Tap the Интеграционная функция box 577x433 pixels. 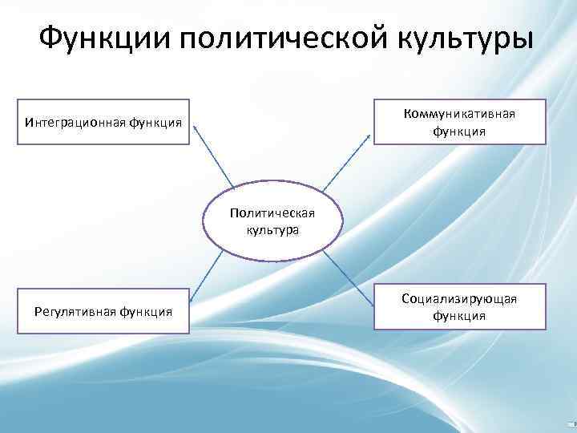pos(103,122)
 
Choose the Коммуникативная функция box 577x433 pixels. pos(459,122)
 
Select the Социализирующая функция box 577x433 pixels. pos(459,306)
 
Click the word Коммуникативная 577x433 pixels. pos(459,114)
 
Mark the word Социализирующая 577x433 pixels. pos(459,299)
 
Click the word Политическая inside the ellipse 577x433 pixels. pos(272,213)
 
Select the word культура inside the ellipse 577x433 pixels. pos(272,230)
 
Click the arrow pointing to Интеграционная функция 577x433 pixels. pos(214,156)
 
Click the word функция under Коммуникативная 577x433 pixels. pos(459,130)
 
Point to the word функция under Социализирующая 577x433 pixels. pos(459,315)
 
